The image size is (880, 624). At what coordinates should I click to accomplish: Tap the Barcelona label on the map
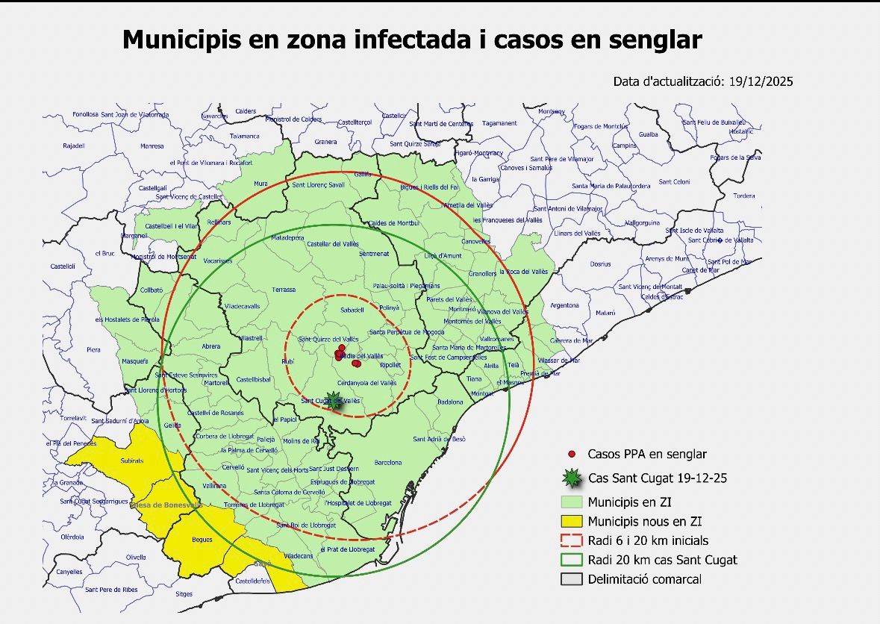[x=388, y=463]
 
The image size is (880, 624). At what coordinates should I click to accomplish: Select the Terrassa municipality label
[x=284, y=290]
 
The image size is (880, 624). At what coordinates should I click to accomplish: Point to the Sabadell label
[x=351, y=309]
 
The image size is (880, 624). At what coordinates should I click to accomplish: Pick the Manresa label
[x=152, y=146]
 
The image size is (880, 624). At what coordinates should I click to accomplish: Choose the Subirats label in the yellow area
[x=132, y=461]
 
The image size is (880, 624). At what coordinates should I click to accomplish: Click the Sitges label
[x=184, y=595]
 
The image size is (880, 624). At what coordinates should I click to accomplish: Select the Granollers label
[x=482, y=274]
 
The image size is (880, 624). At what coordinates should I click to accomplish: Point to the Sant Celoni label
[x=676, y=182]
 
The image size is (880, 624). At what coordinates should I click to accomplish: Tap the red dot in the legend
[x=572, y=454]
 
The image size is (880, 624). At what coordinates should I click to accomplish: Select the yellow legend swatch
[x=572, y=522]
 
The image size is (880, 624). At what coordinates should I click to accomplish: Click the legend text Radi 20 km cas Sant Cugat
[x=662, y=560]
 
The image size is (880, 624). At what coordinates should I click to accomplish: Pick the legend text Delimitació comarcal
[x=644, y=579]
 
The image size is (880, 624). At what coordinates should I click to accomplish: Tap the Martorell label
[x=216, y=383]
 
